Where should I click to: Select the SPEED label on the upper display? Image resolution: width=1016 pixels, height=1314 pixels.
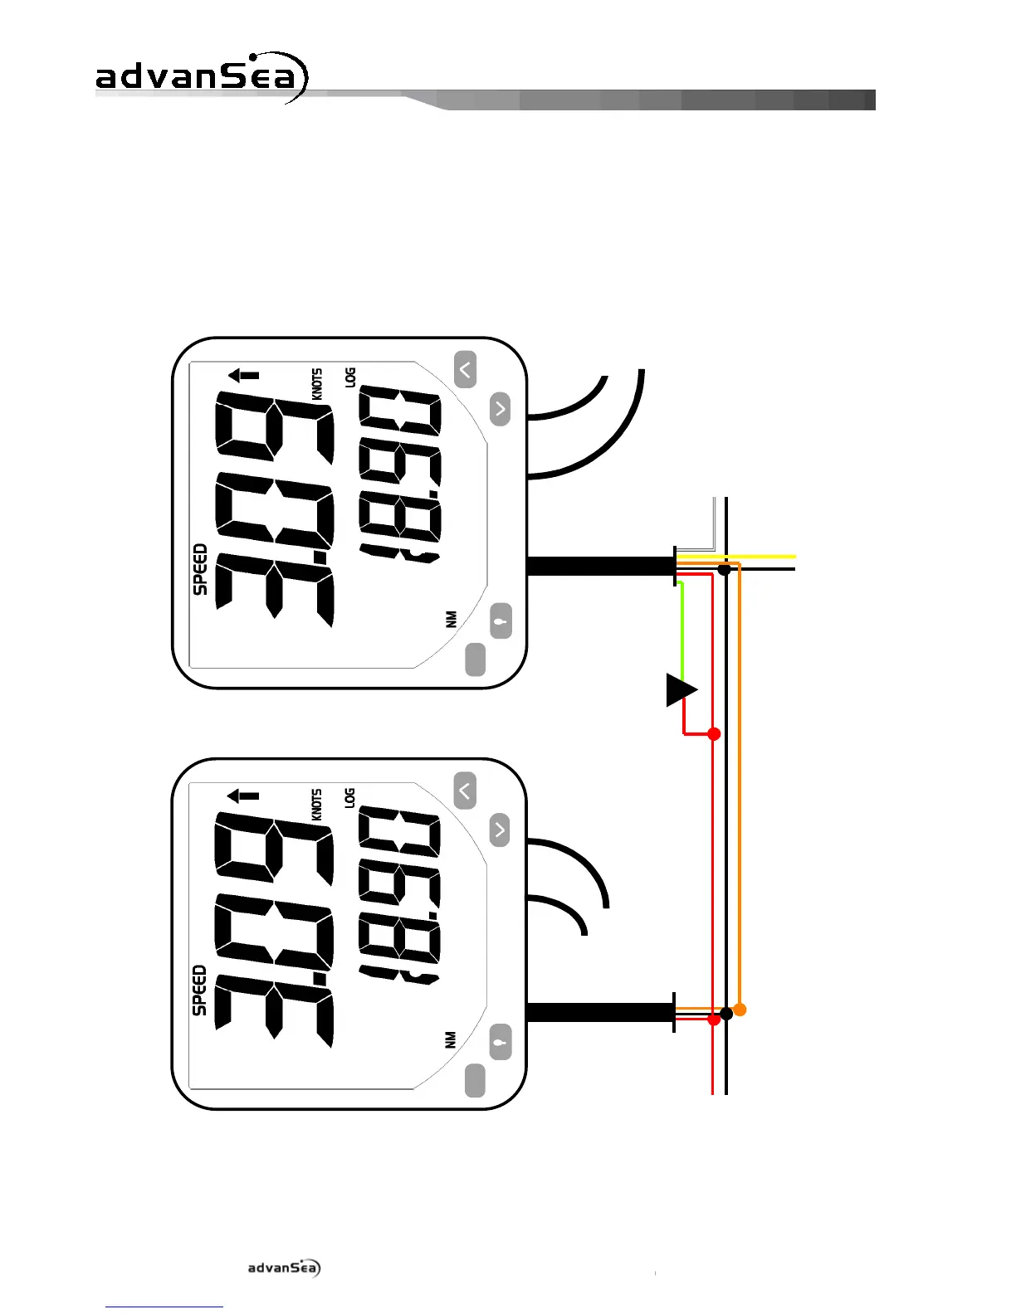[x=200, y=569]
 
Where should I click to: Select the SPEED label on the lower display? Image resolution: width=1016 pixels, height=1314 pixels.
[x=200, y=990]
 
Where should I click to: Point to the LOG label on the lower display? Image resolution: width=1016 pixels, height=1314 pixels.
[x=350, y=798]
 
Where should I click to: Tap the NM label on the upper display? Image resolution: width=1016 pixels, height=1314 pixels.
[x=452, y=619]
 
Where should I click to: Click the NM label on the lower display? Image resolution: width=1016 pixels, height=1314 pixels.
[x=451, y=1039]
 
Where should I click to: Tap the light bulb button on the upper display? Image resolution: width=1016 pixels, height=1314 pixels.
[x=501, y=620]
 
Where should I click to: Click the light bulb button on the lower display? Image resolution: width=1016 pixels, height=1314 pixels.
[x=500, y=1042]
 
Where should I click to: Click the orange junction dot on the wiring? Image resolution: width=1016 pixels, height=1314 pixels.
[x=740, y=1010]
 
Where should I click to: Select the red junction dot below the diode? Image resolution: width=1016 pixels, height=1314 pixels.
[x=713, y=734]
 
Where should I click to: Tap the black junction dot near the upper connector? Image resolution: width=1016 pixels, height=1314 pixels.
[x=725, y=570]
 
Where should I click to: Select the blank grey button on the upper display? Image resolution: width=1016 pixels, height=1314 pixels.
[x=475, y=659]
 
